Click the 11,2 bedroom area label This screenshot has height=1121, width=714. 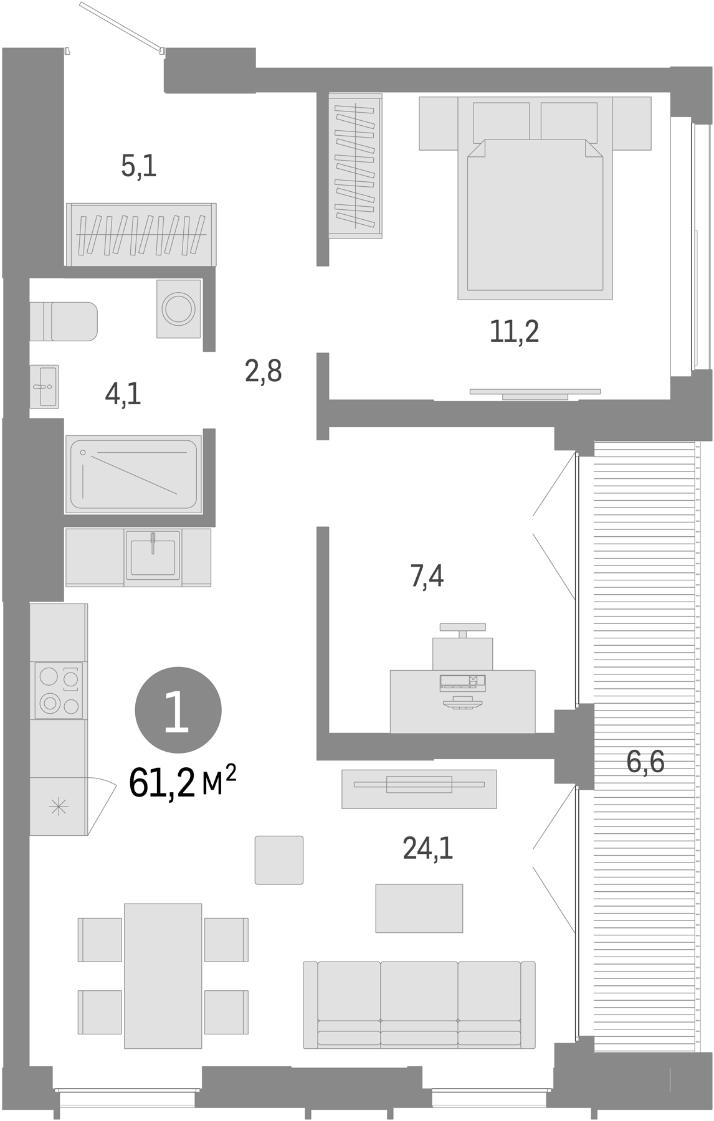pos(514,331)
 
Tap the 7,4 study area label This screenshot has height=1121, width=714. pos(427,576)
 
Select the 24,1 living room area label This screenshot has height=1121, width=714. pos(427,848)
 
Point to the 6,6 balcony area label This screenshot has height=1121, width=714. pos(645,762)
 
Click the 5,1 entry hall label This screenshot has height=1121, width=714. pos(138,166)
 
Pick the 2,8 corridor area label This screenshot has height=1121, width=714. pos(263,371)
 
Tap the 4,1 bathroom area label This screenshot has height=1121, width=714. pos(123,394)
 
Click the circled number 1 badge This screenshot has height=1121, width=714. pos(178,710)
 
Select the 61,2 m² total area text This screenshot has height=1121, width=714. pos(182,783)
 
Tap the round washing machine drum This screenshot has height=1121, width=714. pos(178,308)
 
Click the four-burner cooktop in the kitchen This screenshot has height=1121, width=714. pos(59,690)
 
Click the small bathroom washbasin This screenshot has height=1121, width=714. pos(44,386)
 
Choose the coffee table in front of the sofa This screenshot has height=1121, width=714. pos(419,907)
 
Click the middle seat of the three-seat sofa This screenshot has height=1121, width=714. pos(419,1004)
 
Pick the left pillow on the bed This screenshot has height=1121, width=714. pos(501,121)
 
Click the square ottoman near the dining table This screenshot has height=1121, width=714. pos(278,859)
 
